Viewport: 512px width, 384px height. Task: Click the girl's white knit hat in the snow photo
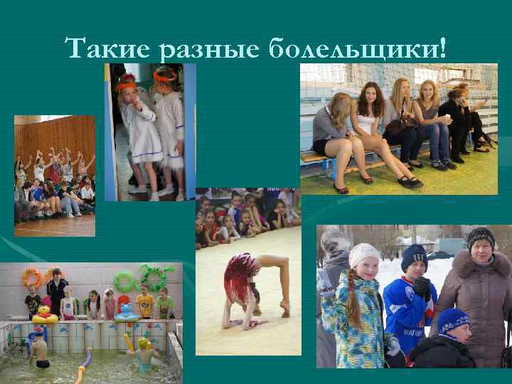pyautogui.click(x=365, y=254)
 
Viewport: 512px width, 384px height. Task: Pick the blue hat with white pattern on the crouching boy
pyautogui.click(x=453, y=320)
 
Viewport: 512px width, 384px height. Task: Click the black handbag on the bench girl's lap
pyautogui.click(x=400, y=127)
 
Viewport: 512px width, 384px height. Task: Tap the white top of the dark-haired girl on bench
pyautogui.click(x=366, y=122)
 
